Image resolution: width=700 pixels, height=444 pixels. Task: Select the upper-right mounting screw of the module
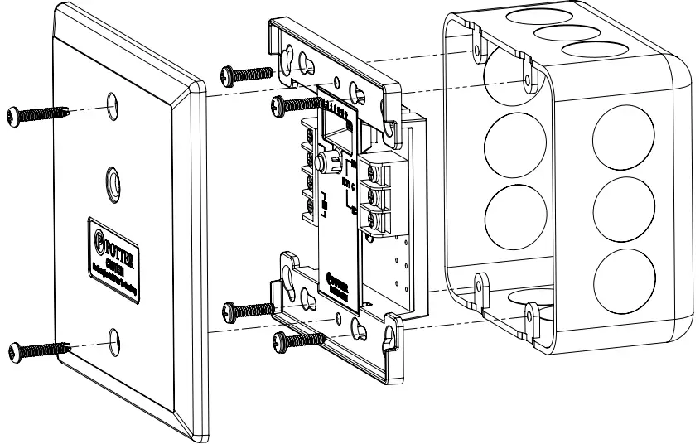(x=297, y=103)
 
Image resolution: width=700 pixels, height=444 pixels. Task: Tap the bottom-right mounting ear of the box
(x=531, y=314)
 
